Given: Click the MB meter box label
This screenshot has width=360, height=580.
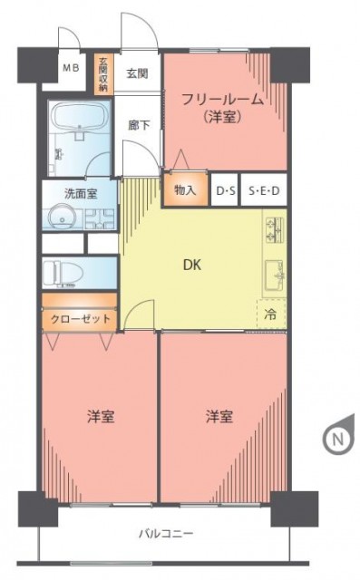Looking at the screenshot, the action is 70,68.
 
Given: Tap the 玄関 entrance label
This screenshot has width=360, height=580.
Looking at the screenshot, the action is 137,73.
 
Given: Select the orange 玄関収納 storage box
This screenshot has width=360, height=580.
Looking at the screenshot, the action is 103,74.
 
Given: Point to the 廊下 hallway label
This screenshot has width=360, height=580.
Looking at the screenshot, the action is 139,125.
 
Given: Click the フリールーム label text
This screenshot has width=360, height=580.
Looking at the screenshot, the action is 223,100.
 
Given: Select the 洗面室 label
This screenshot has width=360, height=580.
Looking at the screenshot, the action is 81,193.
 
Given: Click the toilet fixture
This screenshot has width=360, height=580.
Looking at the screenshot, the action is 60,273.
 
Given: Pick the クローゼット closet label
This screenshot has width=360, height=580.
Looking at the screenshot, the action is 81,318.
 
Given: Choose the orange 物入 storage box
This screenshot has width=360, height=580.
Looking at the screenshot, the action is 186,189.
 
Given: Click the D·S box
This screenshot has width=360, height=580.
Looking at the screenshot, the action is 225,191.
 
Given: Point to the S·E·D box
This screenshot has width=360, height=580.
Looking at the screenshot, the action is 264,191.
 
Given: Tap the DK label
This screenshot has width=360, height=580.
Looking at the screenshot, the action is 192,265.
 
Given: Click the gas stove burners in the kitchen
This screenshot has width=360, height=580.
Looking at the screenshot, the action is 274,230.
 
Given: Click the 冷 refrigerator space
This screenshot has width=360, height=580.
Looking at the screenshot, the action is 271,314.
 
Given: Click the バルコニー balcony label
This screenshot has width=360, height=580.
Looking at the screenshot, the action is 166,534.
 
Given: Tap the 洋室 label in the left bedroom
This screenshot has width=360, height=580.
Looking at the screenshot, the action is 101,417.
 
